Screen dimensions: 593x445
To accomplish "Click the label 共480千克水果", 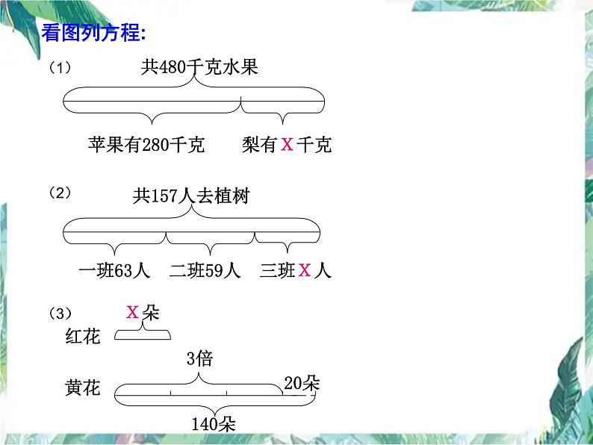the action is coord(199,68).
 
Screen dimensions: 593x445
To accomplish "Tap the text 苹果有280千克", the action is coord(146,145).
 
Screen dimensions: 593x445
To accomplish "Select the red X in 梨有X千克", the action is coord(287,145).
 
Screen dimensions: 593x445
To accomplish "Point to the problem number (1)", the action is coord(60,68).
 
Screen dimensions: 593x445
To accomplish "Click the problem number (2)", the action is coord(60,193).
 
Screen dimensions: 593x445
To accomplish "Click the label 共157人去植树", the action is coord(191,196).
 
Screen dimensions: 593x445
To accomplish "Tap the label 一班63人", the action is coord(114,270).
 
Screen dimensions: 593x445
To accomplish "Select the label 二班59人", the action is coord(205,270).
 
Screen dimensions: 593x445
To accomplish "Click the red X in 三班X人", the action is coord(305,270).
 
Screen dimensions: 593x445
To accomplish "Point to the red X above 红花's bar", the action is coord(133,312).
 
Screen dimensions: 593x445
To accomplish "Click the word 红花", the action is coord(82,337).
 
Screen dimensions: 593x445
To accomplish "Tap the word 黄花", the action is coord(82,390).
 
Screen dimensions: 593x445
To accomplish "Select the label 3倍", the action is coord(199,359).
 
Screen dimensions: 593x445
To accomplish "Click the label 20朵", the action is coord(302,384).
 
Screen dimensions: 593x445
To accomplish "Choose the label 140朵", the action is coord(214,424).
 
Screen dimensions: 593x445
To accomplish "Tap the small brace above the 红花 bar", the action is coord(142,334).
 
